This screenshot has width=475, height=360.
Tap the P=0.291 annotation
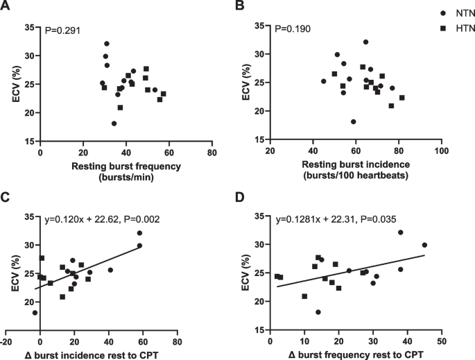tap(60, 31)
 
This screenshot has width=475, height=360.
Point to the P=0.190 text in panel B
tap(293, 29)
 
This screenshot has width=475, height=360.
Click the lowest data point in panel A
tap(114, 123)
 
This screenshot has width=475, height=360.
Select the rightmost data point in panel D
tap(424, 245)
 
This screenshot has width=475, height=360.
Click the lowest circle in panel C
tap(35, 313)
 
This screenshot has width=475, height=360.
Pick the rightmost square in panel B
tap(401, 98)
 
